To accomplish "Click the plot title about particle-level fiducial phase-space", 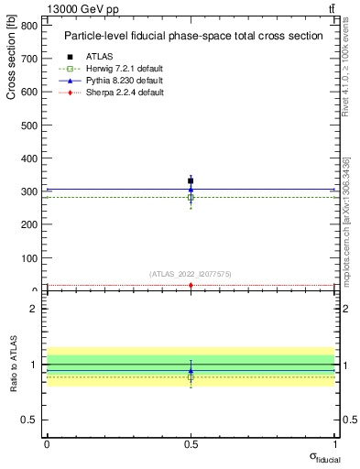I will pos(192,36).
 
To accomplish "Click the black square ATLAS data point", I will pos(191,180).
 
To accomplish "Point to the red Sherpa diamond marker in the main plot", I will pos(191,286).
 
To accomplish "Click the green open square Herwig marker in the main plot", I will pos(191,197).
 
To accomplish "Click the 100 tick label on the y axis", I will pos(30,257).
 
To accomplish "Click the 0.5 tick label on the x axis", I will pos(191,443).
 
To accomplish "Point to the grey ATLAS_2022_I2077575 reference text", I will pos(191,273).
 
